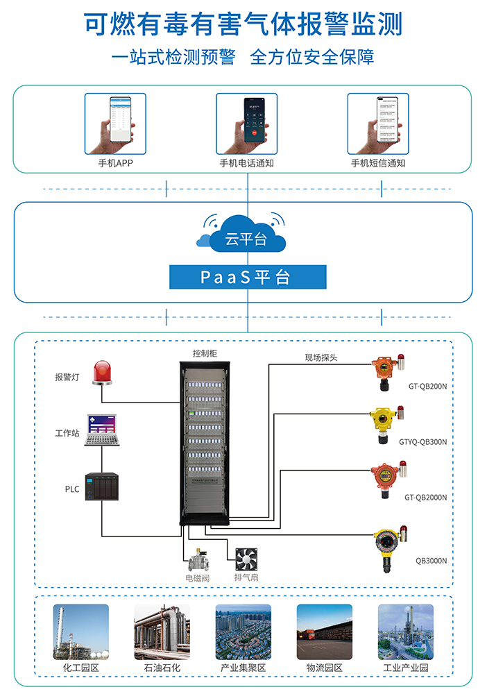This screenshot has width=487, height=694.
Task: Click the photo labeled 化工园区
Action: pyautogui.click(x=81, y=632)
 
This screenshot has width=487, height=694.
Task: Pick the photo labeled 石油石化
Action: pyautogui.click(x=162, y=632)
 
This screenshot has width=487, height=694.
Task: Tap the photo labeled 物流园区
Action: pyautogui.click(x=325, y=632)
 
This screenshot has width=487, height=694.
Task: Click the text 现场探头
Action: pyautogui.click(x=321, y=358)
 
